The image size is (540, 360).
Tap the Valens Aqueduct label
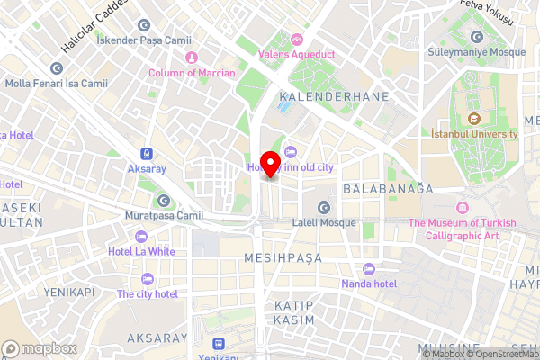pyautogui.click(x=297, y=54)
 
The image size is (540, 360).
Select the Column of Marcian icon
pyautogui.click(x=192, y=58)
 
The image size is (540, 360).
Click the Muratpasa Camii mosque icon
pyautogui.click(x=164, y=201)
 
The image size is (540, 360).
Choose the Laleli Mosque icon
pyautogui.click(x=323, y=208)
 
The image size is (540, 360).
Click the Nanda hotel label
pyautogui.click(x=368, y=283)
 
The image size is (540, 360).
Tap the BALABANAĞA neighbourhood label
pyautogui.click(x=388, y=189)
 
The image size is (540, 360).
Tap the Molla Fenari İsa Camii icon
pyautogui.click(x=58, y=68)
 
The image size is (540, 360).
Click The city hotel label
pyautogui.click(x=147, y=294)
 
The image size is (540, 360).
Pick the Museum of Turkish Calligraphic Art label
pyautogui.click(x=462, y=229)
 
